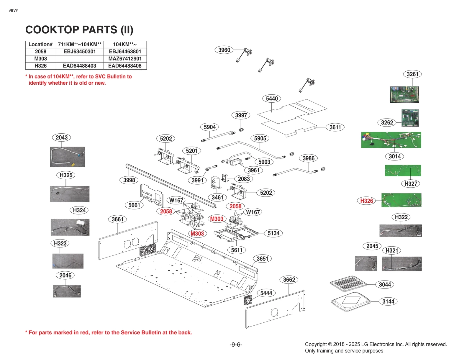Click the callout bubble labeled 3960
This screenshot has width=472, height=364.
click(224, 50)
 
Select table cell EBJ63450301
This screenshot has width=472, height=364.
click(79, 51)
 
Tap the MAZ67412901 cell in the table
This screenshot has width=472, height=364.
click(125, 59)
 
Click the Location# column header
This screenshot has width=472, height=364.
click(40, 44)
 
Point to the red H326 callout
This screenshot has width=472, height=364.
click(366, 201)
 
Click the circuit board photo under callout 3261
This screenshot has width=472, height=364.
click(404, 94)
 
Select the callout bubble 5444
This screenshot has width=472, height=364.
click(266, 293)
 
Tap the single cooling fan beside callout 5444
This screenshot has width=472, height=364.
click(248, 300)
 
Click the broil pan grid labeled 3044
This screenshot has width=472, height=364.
click(348, 284)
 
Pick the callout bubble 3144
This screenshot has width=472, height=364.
click(388, 301)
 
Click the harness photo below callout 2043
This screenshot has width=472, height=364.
click(67, 157)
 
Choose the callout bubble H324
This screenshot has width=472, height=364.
click(79, 210)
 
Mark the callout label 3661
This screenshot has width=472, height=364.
click(117, 219)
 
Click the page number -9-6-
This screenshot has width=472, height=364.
click(236, 345)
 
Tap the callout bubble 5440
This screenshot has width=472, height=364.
click(272, 99)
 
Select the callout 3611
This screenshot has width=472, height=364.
click(335, 127)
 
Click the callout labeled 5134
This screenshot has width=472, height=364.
click(273, 233)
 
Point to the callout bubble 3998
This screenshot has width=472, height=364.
click(129, 180)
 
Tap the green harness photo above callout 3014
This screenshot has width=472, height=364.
click(391, 140)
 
